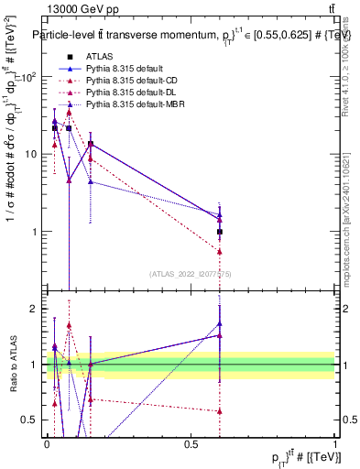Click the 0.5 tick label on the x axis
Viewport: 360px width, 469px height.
(191, 444)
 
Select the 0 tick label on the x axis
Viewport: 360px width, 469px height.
(47, 444)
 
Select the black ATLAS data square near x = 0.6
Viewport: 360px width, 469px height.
(220, 233)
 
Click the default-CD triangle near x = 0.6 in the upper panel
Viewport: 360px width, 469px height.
(220, 251)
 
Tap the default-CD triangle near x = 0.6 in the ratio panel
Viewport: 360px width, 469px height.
(220, 411)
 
